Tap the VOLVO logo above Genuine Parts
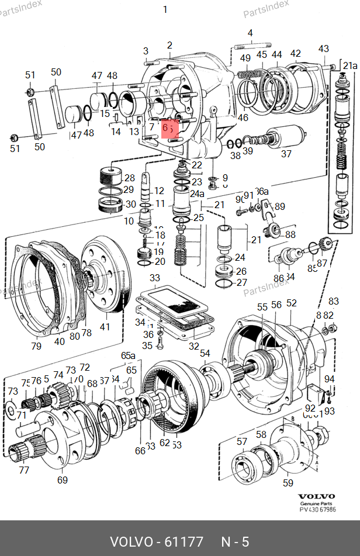tap(316, 496)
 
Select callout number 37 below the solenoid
tap(286, 154)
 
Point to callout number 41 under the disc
tap(105, 327)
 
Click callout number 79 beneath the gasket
tap(37, 346)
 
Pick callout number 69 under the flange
tap(62, 480)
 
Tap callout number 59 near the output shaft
tap(288, 482)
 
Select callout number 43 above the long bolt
tap(324, 49)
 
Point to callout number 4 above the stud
tap(250, 33)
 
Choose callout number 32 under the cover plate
tap(194, 346)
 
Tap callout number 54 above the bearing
tap(205, 353)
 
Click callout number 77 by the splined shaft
tap(24, 469)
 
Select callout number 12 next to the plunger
tap(159, 191)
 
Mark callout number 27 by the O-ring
tap(242, 283)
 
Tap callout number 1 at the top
tap(165, 9)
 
